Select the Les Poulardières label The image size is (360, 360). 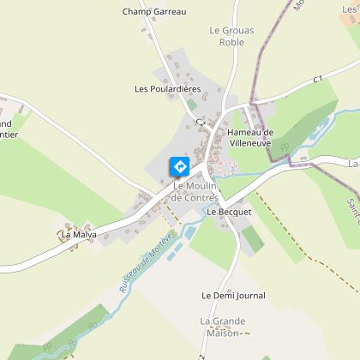click(x=167, y=88)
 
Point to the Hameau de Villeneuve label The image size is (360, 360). click(x=250, y=137)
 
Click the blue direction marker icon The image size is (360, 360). click(x=180, y=165)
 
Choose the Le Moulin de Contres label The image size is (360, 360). click(x=196, y=192)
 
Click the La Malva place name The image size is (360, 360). click(x=76, y=233)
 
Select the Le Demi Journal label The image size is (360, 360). click(x=233, y=295)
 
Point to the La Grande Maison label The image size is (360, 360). click(x=223, y=327)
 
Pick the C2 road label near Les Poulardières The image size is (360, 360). click(x=200, y=123)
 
